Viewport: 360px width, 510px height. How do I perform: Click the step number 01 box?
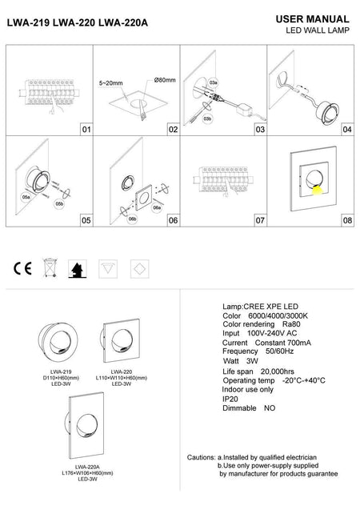[x=86, y=128]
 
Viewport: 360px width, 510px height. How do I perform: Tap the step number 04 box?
[x=346, y=128]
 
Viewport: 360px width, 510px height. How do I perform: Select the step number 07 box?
[x=259, y=219]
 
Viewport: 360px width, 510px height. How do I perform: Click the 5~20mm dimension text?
[x=110, y=82]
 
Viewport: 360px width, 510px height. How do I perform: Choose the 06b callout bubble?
[x=133, y=217]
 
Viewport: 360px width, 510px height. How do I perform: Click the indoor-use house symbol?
[x=78, y=268]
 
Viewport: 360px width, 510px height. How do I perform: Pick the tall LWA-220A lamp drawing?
[x=86, y=429]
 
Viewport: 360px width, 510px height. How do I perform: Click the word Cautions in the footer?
[x=200, y=456]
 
